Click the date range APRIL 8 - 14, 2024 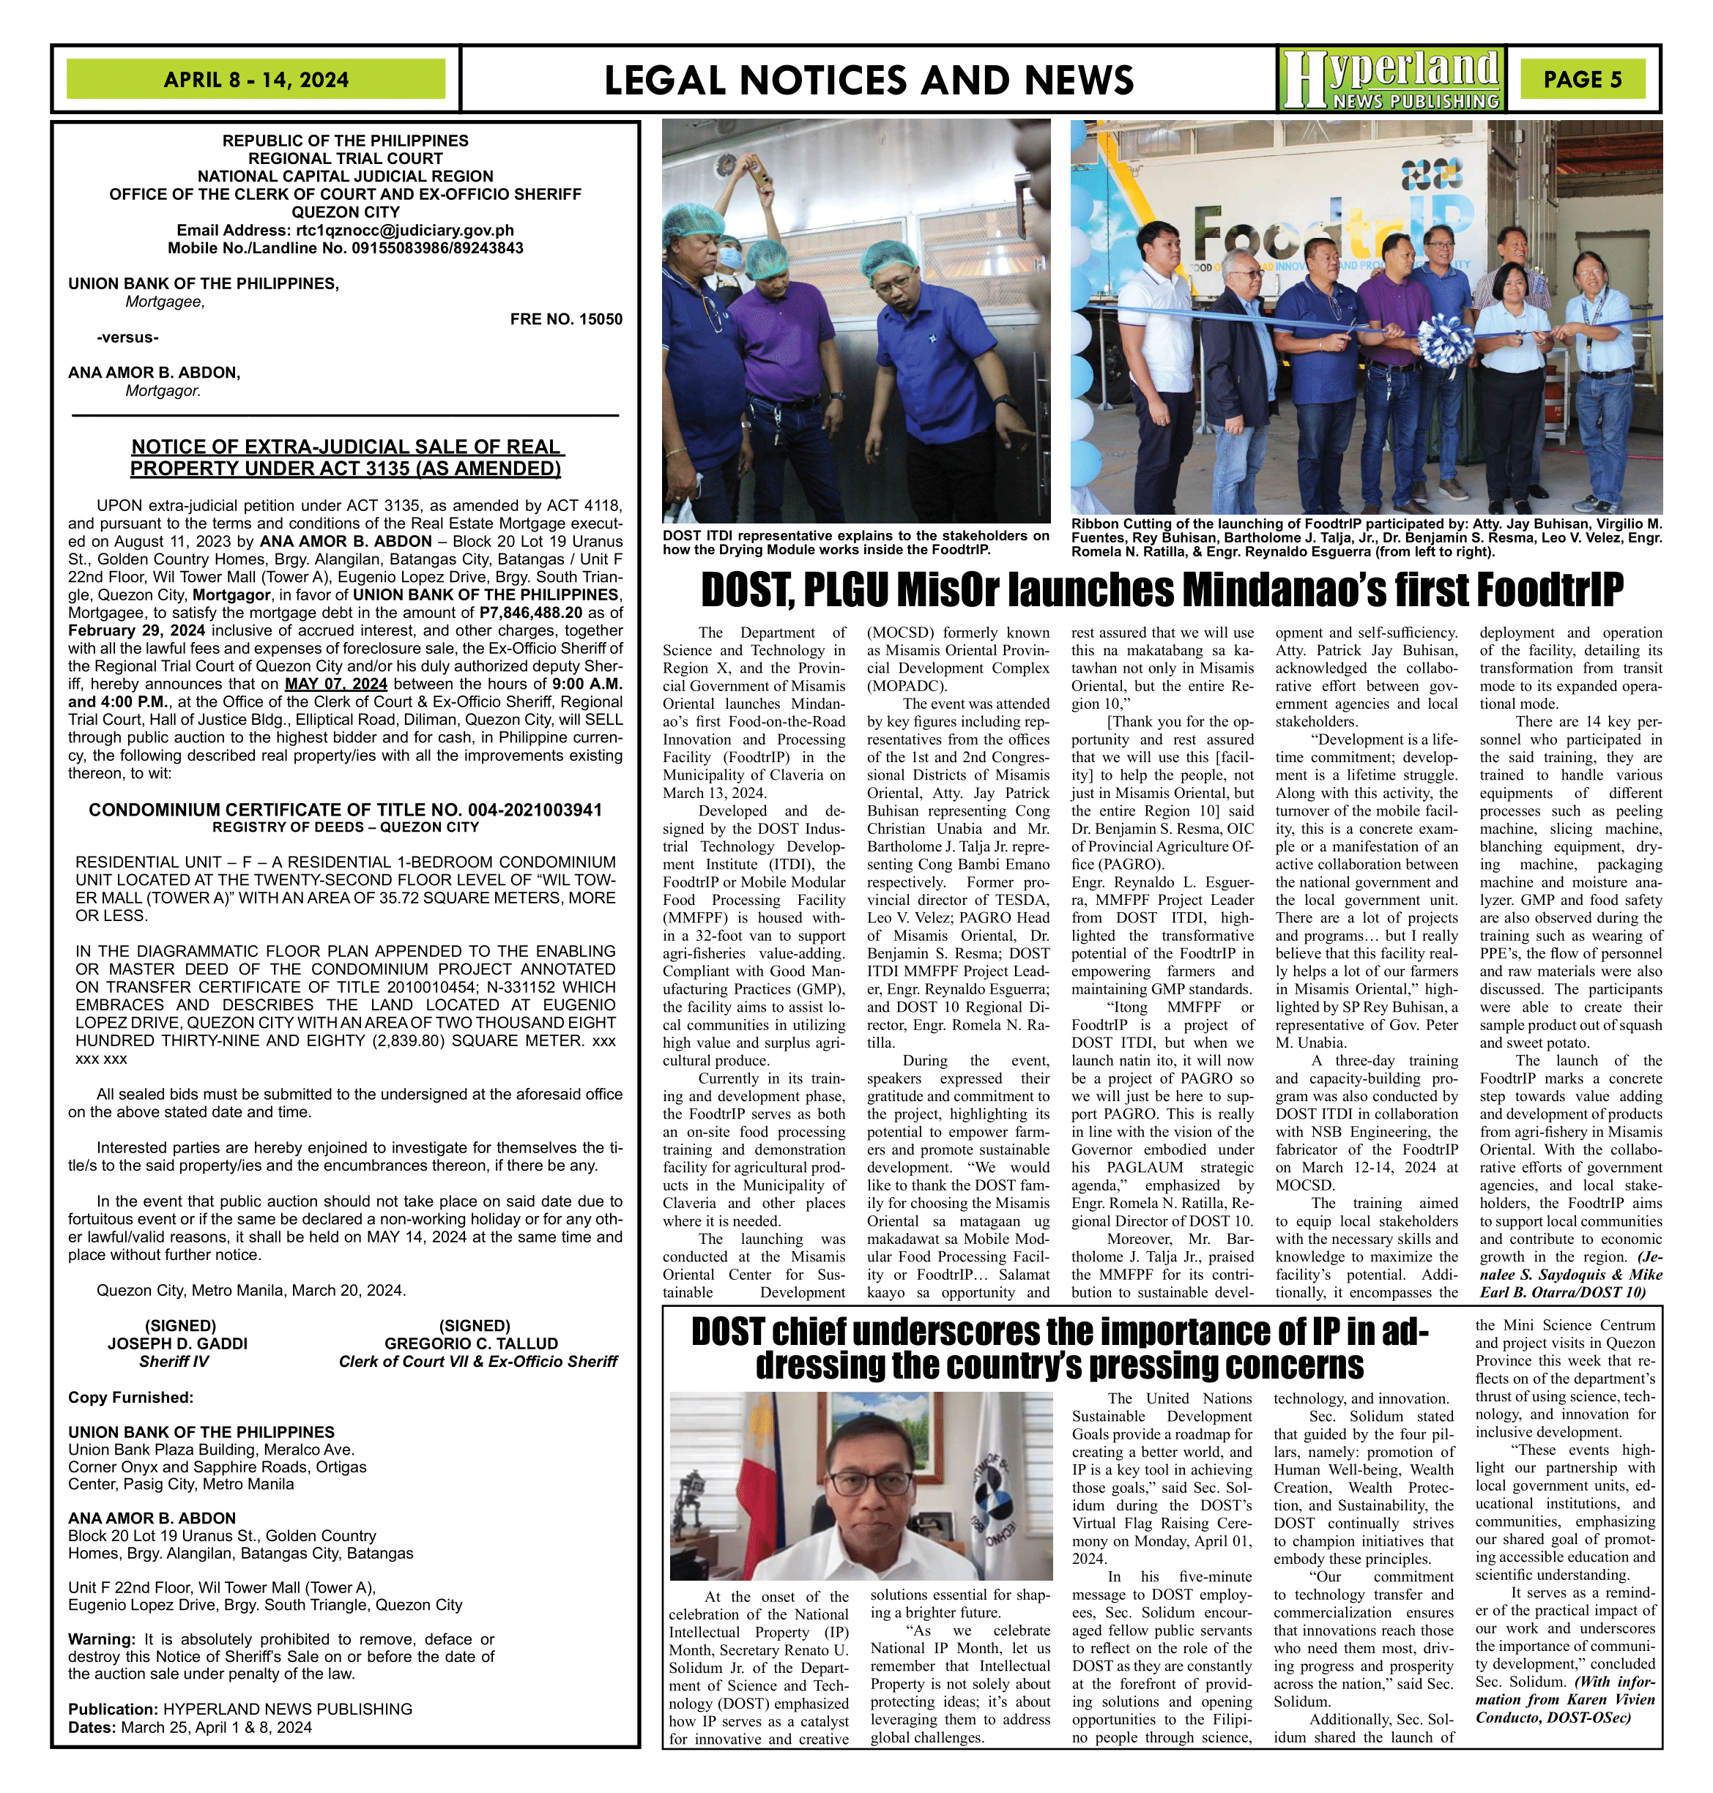(x=256, y=79)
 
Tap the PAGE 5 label (x=1583, y=79)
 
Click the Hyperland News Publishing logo (x=1391, y=79)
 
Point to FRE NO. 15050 (x=566, y=319)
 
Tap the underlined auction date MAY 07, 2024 (x=336, y=684)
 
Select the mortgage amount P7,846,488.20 (x=543, y=613)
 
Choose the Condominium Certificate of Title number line (x=345, y=810)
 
